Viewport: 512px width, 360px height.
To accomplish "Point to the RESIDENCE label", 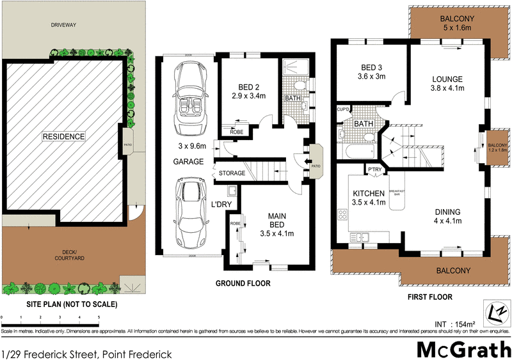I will (x=63, y=136).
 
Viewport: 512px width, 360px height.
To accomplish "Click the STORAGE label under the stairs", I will (x=232, y=173).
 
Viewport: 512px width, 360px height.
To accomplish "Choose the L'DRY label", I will (x=221, y=205).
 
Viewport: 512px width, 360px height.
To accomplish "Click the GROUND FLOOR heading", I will (x=243, y=283).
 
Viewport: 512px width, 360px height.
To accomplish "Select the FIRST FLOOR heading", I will (x=431, y=297).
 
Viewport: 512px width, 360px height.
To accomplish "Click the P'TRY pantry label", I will (x=374, y=169).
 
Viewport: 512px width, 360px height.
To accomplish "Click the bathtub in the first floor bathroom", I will (x=359, y=152).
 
